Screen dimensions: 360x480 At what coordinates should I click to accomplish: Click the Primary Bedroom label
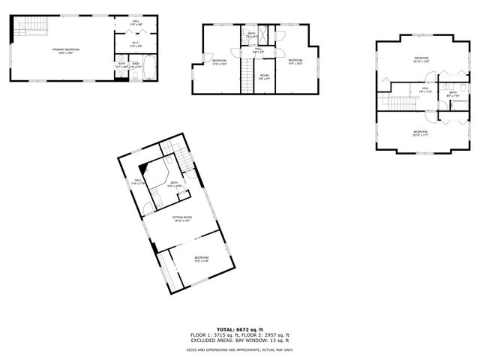click(66, 50)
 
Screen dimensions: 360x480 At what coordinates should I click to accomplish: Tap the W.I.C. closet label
click(135, 43)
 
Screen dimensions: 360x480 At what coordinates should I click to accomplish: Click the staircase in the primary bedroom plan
click(34, 28)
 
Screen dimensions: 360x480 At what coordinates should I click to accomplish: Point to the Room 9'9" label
click(264, 76)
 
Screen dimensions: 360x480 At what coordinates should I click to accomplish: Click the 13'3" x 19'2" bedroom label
click(219, 61)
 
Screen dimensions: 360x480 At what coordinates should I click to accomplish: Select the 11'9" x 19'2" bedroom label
click(295, 61)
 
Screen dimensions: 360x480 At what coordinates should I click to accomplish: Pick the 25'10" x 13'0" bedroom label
click(421, 60)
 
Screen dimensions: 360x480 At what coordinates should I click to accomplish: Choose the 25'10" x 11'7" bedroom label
click(420, 134)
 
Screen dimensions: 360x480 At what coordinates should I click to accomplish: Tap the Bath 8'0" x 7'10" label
click(453, 94)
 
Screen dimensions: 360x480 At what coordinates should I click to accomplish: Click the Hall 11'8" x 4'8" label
click(136, 23)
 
